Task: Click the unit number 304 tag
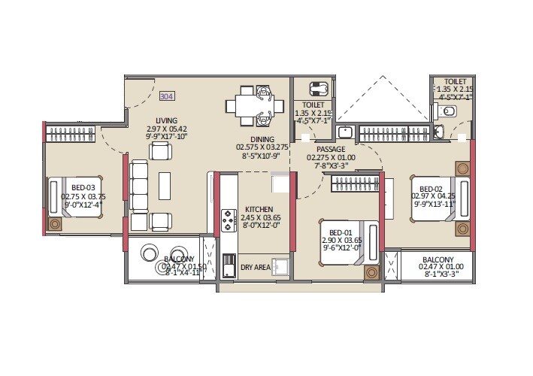click(x=166, y=96)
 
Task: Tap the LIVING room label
click(x=166, y=120)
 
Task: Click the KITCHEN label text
click(x=259, y=209)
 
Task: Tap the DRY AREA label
click(x=255, y=267)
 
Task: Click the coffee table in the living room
click(x=165, y=185)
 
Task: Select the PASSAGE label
click(x=331, y=150)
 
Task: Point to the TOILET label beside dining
click(x=313, y=105)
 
